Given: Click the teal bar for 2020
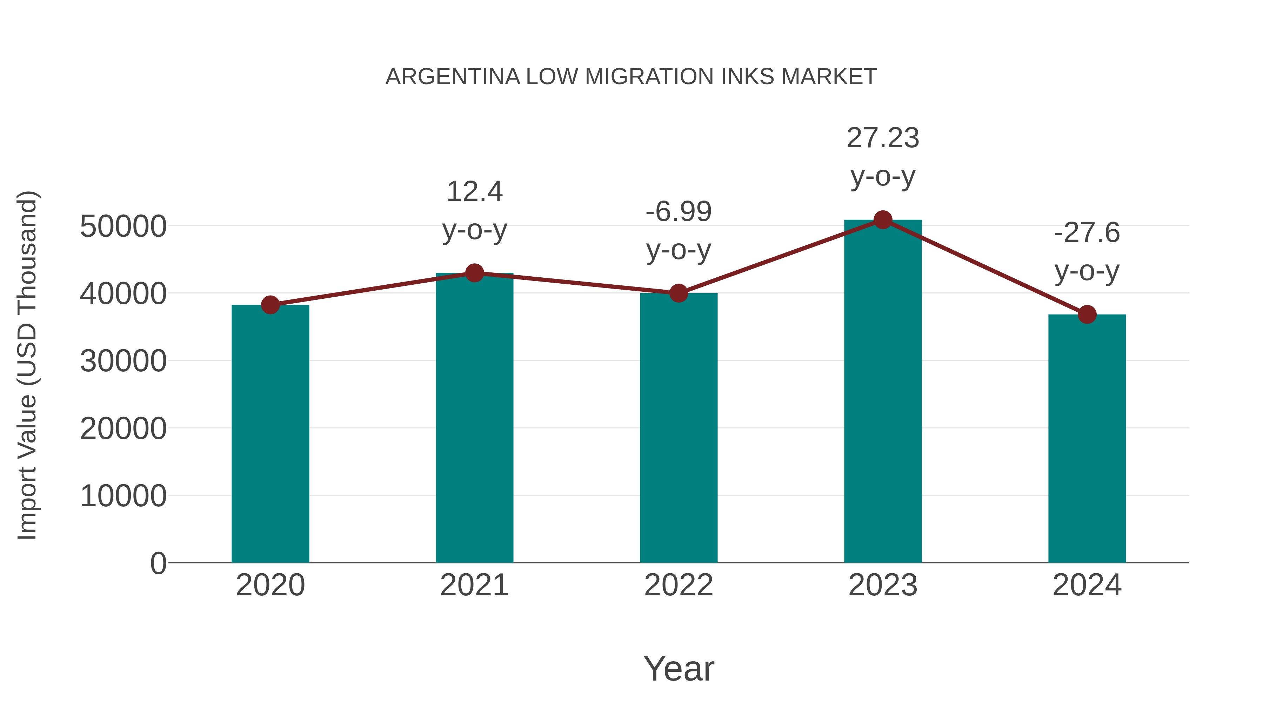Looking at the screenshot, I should [270, 434].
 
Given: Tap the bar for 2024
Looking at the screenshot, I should [1087, 439].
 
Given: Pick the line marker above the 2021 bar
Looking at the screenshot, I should [474, 273].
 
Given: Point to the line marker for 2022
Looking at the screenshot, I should [679, 293].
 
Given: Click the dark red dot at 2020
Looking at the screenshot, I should [270, 305].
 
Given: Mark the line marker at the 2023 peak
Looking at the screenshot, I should [883, 220].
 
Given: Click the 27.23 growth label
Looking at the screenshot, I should [883, 138].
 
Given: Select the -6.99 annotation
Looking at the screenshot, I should [679, 212].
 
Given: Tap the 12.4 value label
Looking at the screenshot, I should [474, 191].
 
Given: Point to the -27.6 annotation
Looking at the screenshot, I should [1087, 233].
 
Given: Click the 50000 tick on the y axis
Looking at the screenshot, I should [123, 226].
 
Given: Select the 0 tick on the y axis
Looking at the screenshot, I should [158, 563].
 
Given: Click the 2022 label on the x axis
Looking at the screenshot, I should [679, 585].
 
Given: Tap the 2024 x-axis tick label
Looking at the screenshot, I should [1087, 585].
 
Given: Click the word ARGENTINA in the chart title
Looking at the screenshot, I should [453, 77].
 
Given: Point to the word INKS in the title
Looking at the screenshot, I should [749, 77].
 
